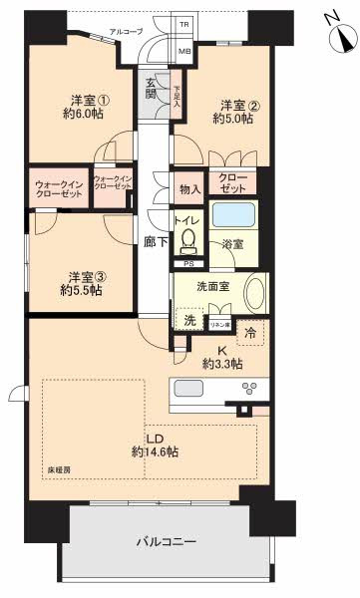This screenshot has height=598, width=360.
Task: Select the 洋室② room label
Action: pyautogui.click(x=235, y=111)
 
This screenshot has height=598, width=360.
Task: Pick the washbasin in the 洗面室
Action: pyautogui.click(x=256, y=295)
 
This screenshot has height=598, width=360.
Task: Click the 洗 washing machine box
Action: pyautogui.click(x=188, y=320)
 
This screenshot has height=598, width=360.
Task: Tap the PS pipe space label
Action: pyautogui.click(x=188, y=263)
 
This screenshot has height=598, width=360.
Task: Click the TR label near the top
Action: pyautogui.click(x=184, y=23)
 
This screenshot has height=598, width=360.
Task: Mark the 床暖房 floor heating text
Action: pyautogui.click(x=58, y=468)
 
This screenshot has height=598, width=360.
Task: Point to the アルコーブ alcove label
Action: pyautogui.click(x=125, y=32)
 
